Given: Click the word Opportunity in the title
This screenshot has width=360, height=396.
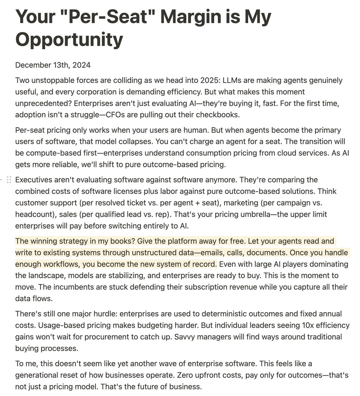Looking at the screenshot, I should pyautogui.click(x=69, y=40).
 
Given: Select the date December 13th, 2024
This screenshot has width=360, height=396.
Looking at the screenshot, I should pyautogui.click(x=53, y=65).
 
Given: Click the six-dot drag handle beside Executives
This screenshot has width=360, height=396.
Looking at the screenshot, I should pyautogui.click(x=9, y=180).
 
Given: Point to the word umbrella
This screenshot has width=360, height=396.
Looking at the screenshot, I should pyautogui.click(x=243, y=214).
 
